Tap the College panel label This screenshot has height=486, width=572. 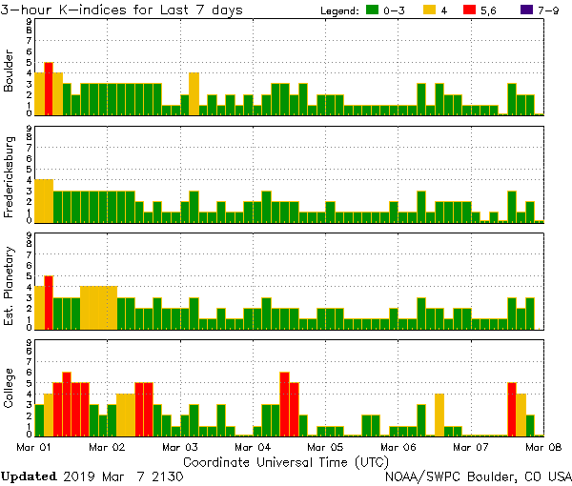10,389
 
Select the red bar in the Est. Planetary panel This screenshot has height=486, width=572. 49,300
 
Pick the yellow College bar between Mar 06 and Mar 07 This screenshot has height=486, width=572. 439,415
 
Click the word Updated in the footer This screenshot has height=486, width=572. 29,476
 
